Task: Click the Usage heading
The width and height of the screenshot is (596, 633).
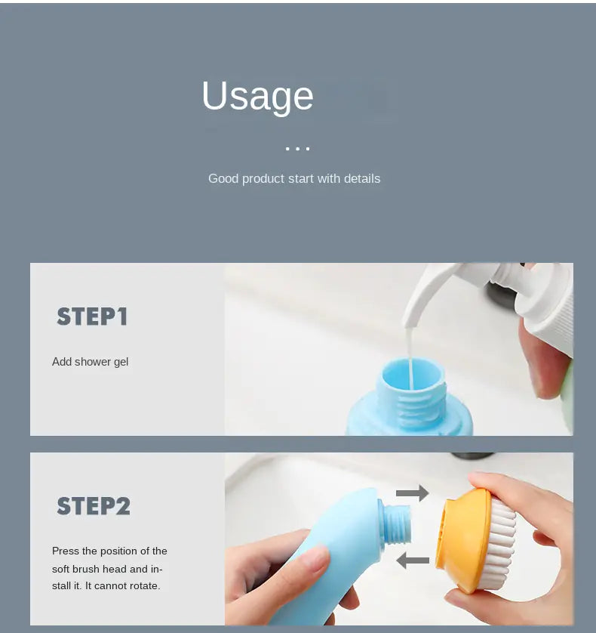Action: tap(258, 97)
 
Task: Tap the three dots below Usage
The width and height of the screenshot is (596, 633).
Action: tap(297, 149)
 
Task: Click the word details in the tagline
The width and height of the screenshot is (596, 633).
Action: tap(362, 178)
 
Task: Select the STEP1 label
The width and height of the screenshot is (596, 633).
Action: tap(92, 316)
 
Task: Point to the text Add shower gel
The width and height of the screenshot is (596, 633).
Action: tap(90, 362)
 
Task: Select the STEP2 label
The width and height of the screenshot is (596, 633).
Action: tap(94, 506)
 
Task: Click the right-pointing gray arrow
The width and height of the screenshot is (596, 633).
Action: tap(412, 493)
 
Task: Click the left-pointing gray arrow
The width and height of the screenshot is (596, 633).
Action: tap(413, 560)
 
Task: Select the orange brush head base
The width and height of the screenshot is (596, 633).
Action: tap(463, 540)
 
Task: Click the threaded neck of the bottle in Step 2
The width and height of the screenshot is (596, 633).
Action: tap(396, 523)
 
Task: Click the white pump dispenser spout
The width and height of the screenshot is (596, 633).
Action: tap(429, 295)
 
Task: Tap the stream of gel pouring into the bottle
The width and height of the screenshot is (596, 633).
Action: tap(410, 357)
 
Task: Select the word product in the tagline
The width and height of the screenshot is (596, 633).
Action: tap(264, 179)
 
